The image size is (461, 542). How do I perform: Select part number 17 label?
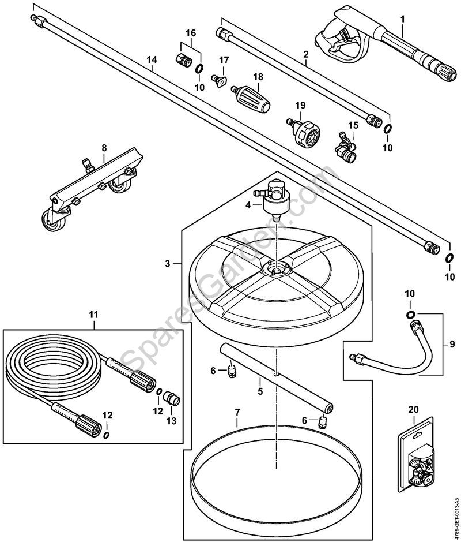pos(224,61)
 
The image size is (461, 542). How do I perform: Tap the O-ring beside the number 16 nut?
pos(199,70)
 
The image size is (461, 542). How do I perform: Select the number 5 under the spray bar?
pos(260,391)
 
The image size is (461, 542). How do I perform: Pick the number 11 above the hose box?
pos(93,315)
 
